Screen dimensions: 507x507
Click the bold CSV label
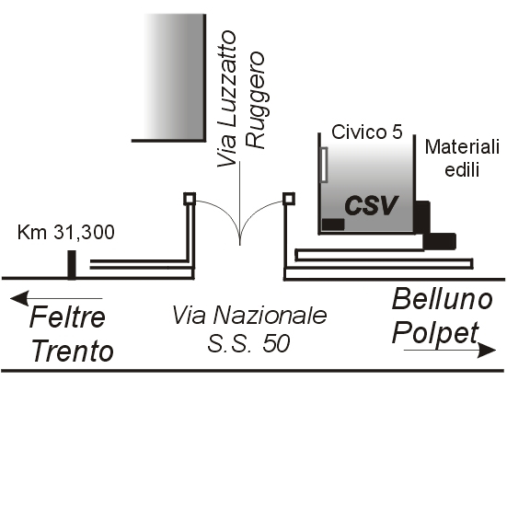pos(371,205)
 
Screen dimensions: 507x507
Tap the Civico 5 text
pos(367,133)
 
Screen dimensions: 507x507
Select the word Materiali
pos(462,147)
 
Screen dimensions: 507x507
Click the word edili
pos(462,169)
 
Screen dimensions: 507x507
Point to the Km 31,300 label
pos(66,232)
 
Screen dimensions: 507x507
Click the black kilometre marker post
pos(72,264)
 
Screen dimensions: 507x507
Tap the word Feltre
pos(67,317)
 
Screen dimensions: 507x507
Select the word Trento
pos(73,351)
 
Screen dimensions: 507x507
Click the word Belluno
pos(443,299)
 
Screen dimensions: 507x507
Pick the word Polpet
pos(435,333)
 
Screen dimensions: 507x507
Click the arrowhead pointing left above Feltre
pos(19,298)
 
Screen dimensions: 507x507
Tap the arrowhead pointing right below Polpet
pos(487,351)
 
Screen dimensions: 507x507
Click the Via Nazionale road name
pos(249,316)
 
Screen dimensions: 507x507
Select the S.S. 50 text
pos(248,343)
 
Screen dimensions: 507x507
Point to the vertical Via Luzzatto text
pos(226,98)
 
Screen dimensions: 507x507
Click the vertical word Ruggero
pos(255,99)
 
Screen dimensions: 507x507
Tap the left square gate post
pos(190,199)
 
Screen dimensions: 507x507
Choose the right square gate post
pos(289,199)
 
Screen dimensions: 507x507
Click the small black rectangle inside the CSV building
pos(333,225)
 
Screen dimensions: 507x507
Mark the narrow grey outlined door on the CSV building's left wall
pos(324,165)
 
